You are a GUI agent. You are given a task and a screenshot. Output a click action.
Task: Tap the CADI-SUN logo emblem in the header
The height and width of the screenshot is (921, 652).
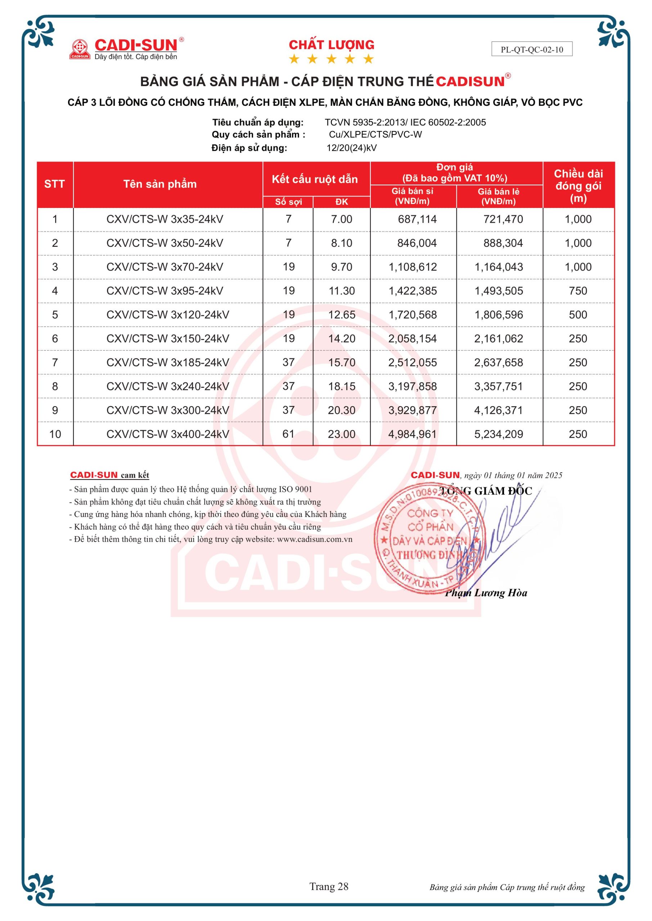click(x=80, y=49)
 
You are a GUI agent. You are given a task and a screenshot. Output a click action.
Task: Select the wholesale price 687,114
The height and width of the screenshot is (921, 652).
click(x=417, y=219)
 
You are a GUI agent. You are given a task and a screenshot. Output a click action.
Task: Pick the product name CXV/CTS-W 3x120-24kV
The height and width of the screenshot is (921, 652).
click(x=167, y=314)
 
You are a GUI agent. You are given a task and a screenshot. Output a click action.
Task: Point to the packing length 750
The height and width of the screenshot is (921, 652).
click(x=578, y=291)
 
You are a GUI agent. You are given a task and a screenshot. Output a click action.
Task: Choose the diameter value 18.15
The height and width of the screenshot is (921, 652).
click(x=342, y=386)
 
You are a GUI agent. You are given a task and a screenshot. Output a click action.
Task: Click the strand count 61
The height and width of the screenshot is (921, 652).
click(x=288, y=434)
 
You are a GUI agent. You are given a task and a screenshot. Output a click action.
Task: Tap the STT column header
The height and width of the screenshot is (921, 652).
click(x=55, y=184)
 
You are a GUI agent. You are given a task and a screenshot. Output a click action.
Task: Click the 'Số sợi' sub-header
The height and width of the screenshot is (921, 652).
click(x=288, y=202)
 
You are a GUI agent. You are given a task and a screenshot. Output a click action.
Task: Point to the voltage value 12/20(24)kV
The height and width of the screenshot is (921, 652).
click(x=351, y=148)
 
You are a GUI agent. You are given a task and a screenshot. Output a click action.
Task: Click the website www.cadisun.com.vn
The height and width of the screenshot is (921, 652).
click(x=314, y=539)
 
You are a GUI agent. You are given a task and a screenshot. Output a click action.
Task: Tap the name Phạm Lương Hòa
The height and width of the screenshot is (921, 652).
click(x=486, y=593)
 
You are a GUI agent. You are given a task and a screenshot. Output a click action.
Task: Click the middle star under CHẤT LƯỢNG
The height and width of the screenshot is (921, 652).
click(x=331, y=59)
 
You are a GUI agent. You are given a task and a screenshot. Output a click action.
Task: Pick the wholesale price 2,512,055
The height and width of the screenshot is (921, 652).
click(x=412, y=362)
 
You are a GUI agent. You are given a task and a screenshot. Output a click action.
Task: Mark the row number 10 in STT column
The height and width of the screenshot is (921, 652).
click(x=55, y=434)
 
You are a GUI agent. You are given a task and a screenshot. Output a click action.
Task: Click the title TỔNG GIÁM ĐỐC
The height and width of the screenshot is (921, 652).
click(x=485, y=491)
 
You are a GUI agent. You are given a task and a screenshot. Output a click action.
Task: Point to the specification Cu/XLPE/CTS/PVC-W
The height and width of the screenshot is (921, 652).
click(x=375, y=135)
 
